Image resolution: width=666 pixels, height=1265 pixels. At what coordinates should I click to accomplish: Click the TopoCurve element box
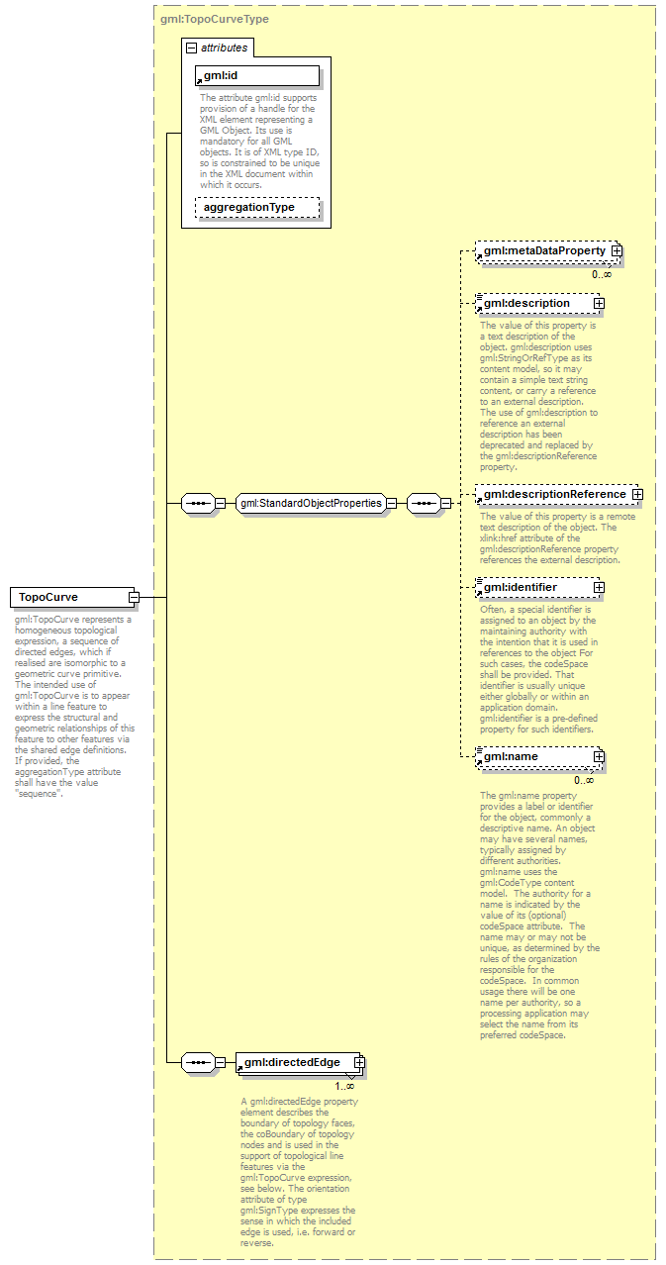coord(69,597)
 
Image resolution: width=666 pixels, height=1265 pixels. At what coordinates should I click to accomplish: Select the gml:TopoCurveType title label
coord(214,19)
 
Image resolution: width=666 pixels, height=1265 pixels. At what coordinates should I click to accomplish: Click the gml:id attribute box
coord(256,76)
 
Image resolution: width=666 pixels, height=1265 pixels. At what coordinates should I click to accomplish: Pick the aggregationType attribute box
coord(256,207)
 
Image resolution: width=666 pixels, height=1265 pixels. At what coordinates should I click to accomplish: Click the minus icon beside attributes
coord(192,48)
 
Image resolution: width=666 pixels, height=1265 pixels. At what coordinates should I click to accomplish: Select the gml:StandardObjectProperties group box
coord(310,503)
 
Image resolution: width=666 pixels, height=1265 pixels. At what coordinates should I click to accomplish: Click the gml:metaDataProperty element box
coord(544,251)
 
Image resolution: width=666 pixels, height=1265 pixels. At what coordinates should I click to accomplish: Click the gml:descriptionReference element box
coord(554,494)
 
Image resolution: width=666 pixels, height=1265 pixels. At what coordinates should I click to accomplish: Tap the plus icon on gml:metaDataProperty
coord(616,251)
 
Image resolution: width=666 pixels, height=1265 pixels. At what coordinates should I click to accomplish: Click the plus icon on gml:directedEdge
coord(359,1062)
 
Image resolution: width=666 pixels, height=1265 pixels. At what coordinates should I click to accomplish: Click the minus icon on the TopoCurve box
coord(133,597)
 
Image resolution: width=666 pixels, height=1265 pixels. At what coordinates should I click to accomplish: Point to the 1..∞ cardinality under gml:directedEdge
coord(343,1086)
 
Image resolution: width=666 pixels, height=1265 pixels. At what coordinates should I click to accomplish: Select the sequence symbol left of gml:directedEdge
coord(198,1062)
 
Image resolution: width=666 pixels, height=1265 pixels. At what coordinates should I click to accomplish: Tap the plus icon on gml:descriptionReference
coord(637,494)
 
